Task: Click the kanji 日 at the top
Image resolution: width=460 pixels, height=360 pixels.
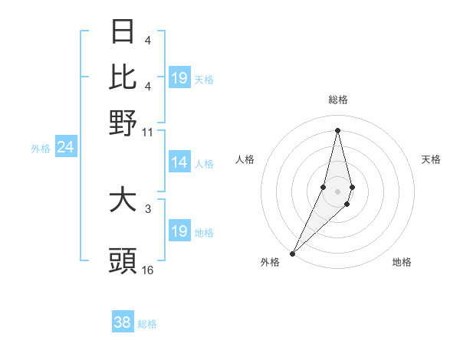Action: pyautogui.click(x=123, y=32)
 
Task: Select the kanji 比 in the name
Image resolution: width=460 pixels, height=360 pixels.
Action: pyautogui.click(x=123, y=77)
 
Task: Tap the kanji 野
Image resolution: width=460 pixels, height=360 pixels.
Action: pyautogui.click(x=123, y=122)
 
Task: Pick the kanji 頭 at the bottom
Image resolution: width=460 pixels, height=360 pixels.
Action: pyautogui.click(x=123, y=260)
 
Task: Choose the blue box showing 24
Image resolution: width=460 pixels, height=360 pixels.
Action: pyautogui.click(x=65, y=147)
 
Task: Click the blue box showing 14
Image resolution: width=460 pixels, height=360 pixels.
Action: pyautogui.click(x=179, y=162)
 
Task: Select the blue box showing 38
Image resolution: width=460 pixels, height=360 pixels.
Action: pyautogui.click(x=122, y=322)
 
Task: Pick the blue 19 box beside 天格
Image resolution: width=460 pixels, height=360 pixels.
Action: pyautogui.click(x=179, y=78)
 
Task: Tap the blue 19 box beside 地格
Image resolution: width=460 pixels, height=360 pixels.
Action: pyautogui.click(x=179, y=231)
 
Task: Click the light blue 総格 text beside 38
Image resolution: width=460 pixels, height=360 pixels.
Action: pyautogui.click(x=147, y=324)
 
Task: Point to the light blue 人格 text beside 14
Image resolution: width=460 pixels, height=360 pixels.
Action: pyautogui.click(x=204, y=163)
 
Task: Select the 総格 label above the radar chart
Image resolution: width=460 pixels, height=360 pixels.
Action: pyautogui.click(x=338, y=100)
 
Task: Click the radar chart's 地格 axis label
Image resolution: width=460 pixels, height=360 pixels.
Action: pyautogui.click(x=402, y=263)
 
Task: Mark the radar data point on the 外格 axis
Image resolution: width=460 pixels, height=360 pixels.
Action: pyautogui.click(x=293, y=252)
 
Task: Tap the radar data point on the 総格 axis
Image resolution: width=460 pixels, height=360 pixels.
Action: pyautogui.click(x=338, y=130)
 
